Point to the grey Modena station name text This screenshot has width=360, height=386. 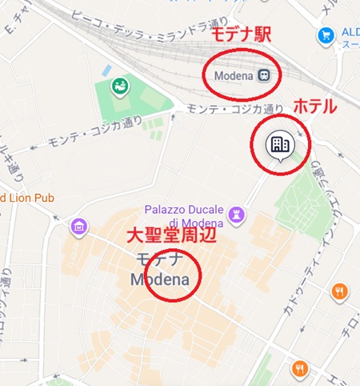pos(233,75)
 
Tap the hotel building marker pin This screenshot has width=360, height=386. pos(279,146)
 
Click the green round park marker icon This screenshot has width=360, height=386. pos(119,85)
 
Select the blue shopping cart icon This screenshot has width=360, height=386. pos(325,35)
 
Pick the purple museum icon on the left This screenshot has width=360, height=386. pos(78,226)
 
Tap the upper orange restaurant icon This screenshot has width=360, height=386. pos(340,291)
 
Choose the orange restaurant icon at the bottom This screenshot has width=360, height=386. pos(300,369)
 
